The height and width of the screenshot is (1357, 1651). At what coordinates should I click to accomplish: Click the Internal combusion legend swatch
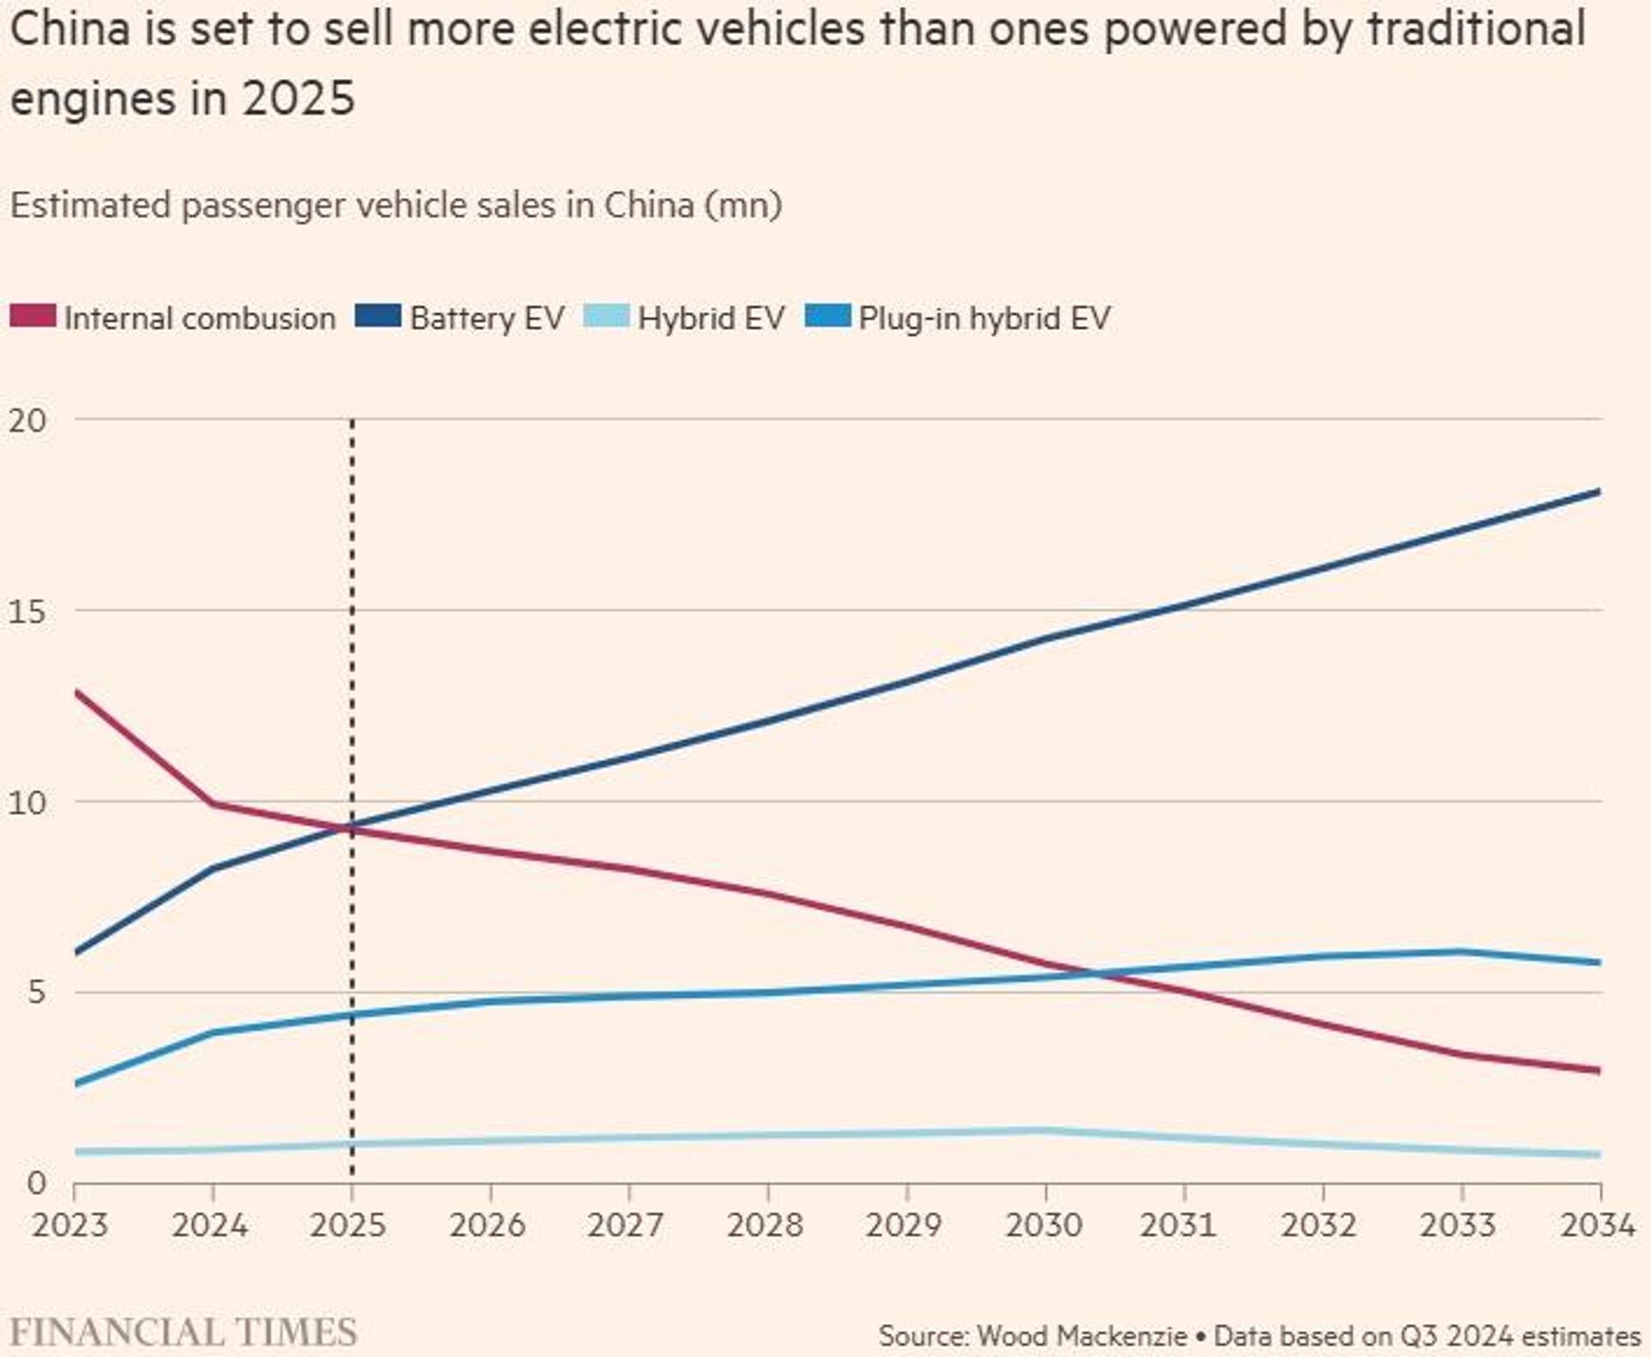coord(33,316)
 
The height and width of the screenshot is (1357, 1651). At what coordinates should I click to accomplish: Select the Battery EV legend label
coord(487,318)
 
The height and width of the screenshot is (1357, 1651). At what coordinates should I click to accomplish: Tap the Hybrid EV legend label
coord(711,318)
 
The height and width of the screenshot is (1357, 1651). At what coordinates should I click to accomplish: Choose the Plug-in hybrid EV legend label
coord(985,318)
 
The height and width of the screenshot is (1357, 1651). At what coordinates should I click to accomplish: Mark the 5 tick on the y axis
coord(35,992)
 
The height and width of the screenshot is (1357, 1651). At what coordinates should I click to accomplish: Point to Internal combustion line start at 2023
coord(77,692)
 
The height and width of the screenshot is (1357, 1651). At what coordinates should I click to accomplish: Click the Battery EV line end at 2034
coord(1598,492)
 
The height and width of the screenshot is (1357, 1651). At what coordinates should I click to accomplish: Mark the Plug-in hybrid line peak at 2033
coord(1460,951)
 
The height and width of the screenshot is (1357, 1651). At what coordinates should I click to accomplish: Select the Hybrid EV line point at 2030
coord(1046,1130)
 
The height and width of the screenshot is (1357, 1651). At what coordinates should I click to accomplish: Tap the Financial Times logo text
coord(183,1332)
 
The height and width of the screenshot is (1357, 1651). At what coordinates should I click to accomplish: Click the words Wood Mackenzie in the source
coord(1083,1336)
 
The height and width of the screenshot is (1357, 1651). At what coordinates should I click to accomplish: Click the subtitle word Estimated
coord(90,206)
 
